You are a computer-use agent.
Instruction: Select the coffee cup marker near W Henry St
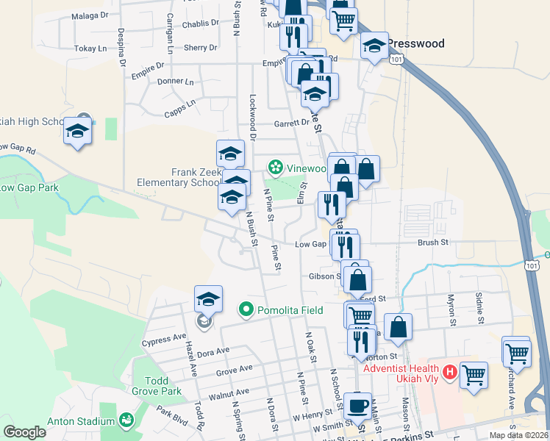(358, 405)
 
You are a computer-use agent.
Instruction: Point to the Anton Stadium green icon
(126, 420)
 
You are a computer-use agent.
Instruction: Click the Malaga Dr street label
(93, 14)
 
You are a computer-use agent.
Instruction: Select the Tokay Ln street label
(92, 49)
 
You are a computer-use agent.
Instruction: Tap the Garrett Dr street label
(292, 123)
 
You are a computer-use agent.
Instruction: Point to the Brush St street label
(432, 242)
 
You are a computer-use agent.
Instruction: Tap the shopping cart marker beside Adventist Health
(474, 375)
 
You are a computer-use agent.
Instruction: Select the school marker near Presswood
(374, 48)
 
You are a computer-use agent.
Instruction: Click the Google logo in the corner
(25, 432)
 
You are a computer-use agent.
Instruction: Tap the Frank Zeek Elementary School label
(179, 177)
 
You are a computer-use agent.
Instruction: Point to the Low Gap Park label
(29, 187)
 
